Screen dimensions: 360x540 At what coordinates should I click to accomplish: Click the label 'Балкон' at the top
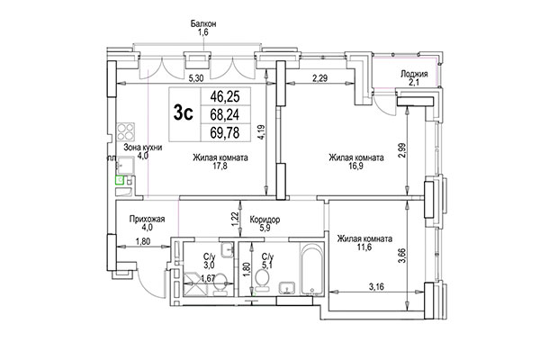pyautogui.click(x=202, y=22)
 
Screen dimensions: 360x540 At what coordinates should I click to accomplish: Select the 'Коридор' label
pyautogui.click(x=263, y=219)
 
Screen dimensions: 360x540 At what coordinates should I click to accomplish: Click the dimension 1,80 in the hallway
pyautogui.click(x=143, y=241)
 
